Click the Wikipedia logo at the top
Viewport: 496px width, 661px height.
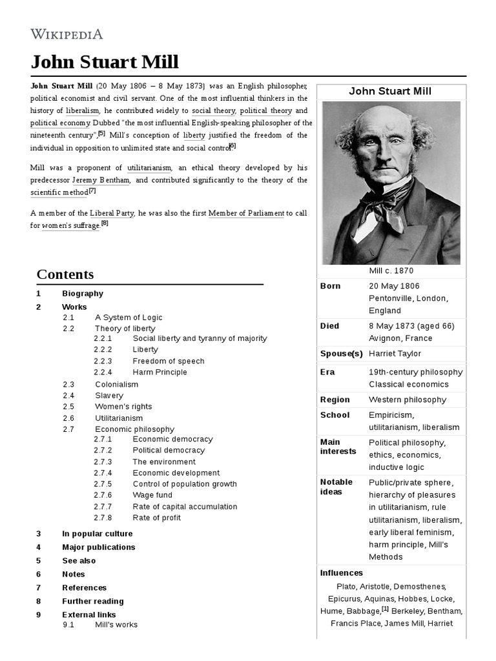coord(67,34)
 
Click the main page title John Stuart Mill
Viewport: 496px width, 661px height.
coord(105,62)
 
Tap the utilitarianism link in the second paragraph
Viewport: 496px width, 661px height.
coord(149,168)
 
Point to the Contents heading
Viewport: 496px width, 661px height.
coord(65,274)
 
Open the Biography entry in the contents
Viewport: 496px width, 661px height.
coord(83,294)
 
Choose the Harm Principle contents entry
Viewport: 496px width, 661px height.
coord(160,372)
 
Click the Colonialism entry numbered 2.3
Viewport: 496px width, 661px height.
coord(116,385)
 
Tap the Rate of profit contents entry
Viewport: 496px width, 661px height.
coord(156,518)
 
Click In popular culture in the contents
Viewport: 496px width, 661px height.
coord(97,534)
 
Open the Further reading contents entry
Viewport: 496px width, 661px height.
coord(92,601)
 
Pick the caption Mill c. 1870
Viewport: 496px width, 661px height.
coord(391,270)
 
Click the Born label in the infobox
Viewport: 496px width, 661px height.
coord(330,286)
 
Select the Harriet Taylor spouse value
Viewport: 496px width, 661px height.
coord(395,354)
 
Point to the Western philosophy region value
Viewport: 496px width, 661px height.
coord(407,400)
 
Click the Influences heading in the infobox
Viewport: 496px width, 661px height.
coord(342,573)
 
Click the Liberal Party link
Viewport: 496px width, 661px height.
coord(112,214)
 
